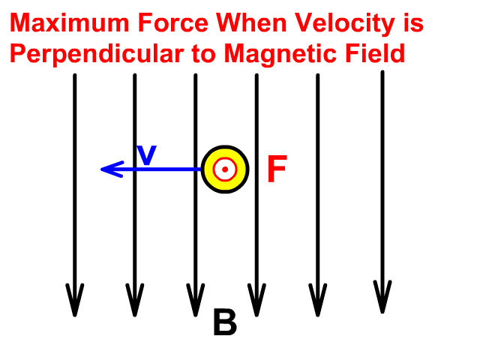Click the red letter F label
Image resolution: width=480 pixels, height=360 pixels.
(x=277, y=170)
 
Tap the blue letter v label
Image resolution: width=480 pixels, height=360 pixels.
(x=147, y=154)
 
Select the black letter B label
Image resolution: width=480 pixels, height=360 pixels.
(x=224, y=324)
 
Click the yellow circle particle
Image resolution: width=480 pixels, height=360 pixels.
(x=224, y=169)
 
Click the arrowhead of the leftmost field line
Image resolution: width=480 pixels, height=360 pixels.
(x=74, y=301)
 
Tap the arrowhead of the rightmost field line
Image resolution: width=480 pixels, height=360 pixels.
(x=382, y=298)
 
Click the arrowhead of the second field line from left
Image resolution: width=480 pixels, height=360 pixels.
(x=134, y=301)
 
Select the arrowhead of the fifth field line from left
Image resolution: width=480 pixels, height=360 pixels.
(x=317, y=301)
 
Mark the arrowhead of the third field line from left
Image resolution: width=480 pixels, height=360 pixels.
(x=195, y=301)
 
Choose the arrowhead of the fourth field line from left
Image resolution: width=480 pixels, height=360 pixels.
(x=256, y=301)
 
